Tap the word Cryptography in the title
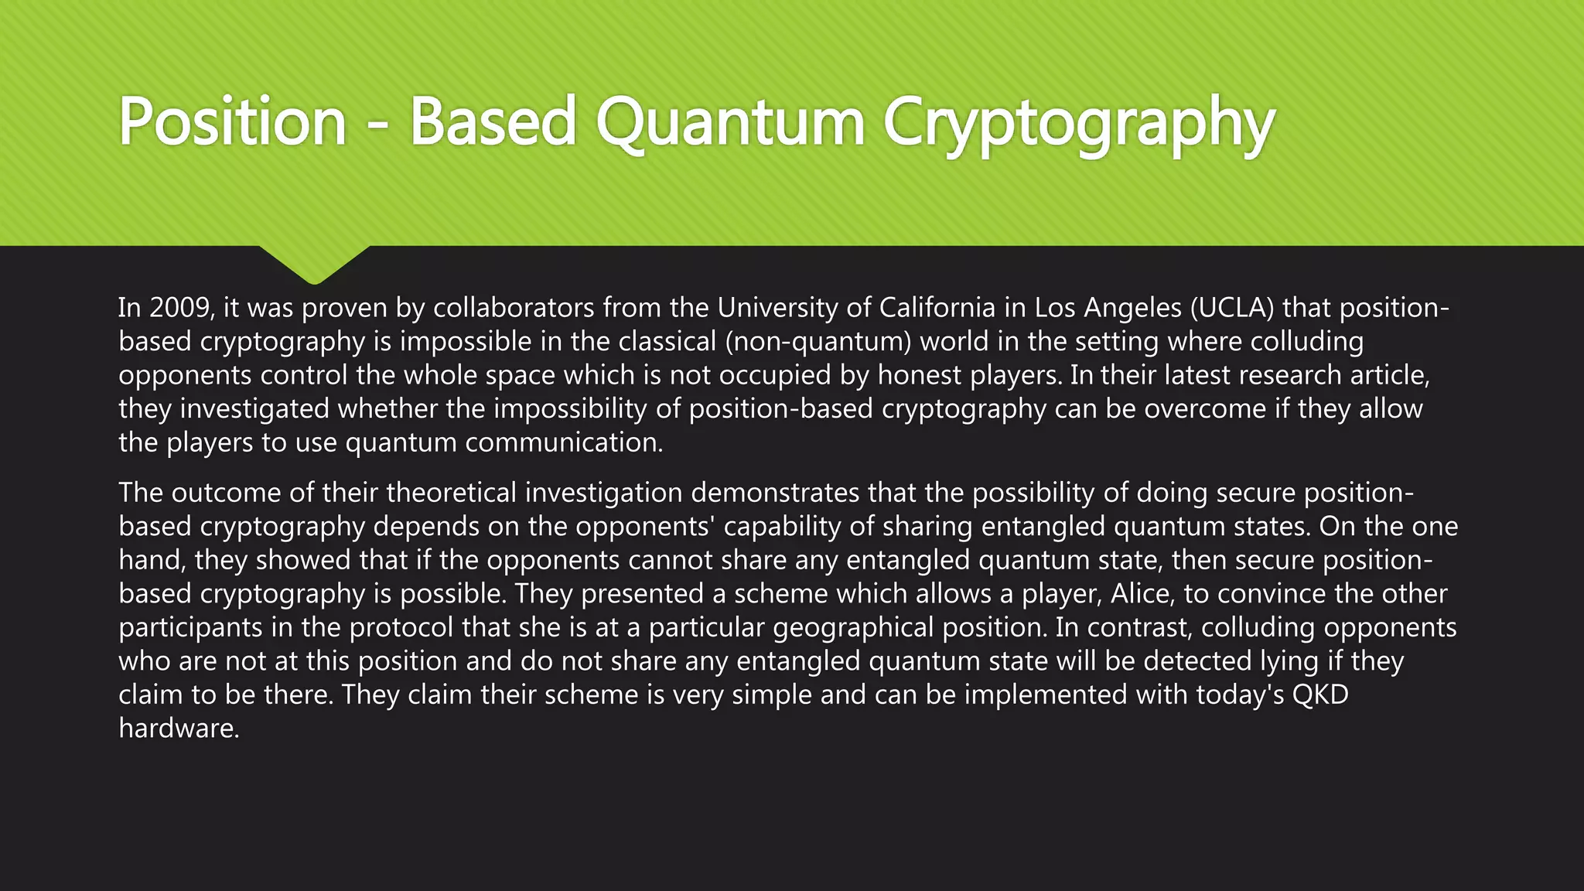(1078, 122)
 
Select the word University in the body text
(777, 308)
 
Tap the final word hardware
(178, 728)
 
